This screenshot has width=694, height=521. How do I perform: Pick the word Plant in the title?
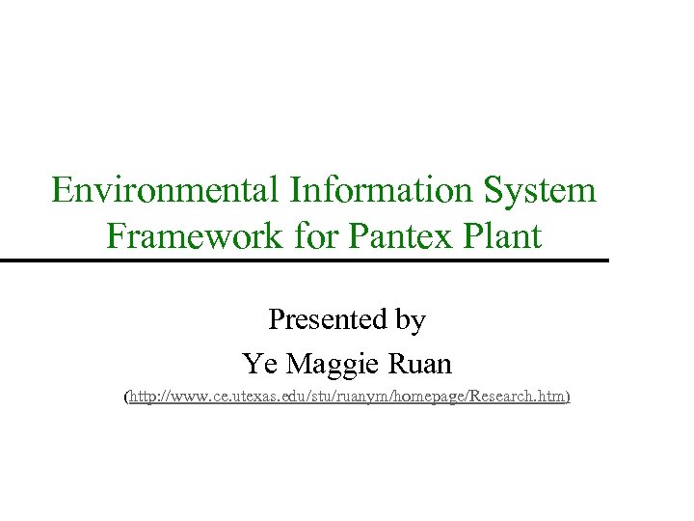[x=505, y=235]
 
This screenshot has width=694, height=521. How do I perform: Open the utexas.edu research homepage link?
[x=347, y=397]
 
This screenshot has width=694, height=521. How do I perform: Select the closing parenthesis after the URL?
[x=569, y=397]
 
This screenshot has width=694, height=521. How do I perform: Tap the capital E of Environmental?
[x=62, y=190]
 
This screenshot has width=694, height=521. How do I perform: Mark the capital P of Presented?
[x=276, y=319]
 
